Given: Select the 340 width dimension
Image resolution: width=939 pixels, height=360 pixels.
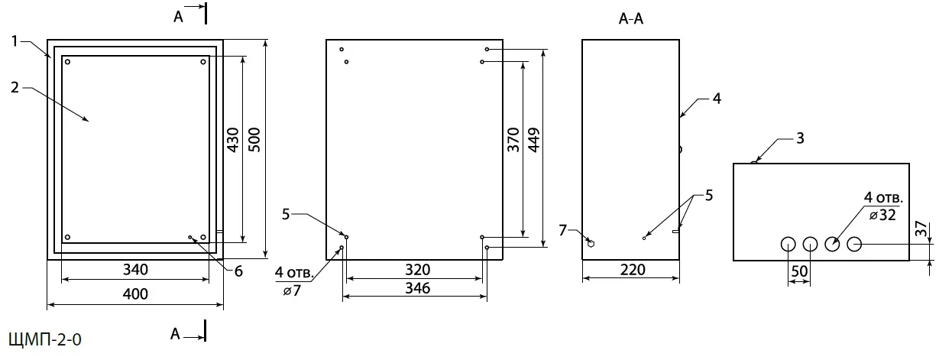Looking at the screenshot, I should [x=135, y=270].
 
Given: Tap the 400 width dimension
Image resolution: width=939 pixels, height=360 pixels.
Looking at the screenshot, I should [x=135, y=294].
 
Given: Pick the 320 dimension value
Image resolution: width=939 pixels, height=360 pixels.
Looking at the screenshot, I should [x=417, y=270].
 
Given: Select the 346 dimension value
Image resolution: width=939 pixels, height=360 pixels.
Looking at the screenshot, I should [x=417, y=288].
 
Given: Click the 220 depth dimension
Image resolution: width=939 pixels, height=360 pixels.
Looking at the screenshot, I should [x=633, y=270].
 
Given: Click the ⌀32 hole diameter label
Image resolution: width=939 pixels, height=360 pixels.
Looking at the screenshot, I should [x=883, y=216].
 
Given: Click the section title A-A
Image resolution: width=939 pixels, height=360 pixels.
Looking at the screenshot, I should [x=631, y=20].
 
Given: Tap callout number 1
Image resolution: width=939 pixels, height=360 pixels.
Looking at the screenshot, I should [x=15, y=41].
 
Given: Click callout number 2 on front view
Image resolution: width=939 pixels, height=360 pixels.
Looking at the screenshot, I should [x=15, y=88].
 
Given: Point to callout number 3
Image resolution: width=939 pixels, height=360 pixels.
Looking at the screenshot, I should [x=799, y=138].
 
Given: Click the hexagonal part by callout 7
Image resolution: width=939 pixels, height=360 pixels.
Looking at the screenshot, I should [x=591, y=243].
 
